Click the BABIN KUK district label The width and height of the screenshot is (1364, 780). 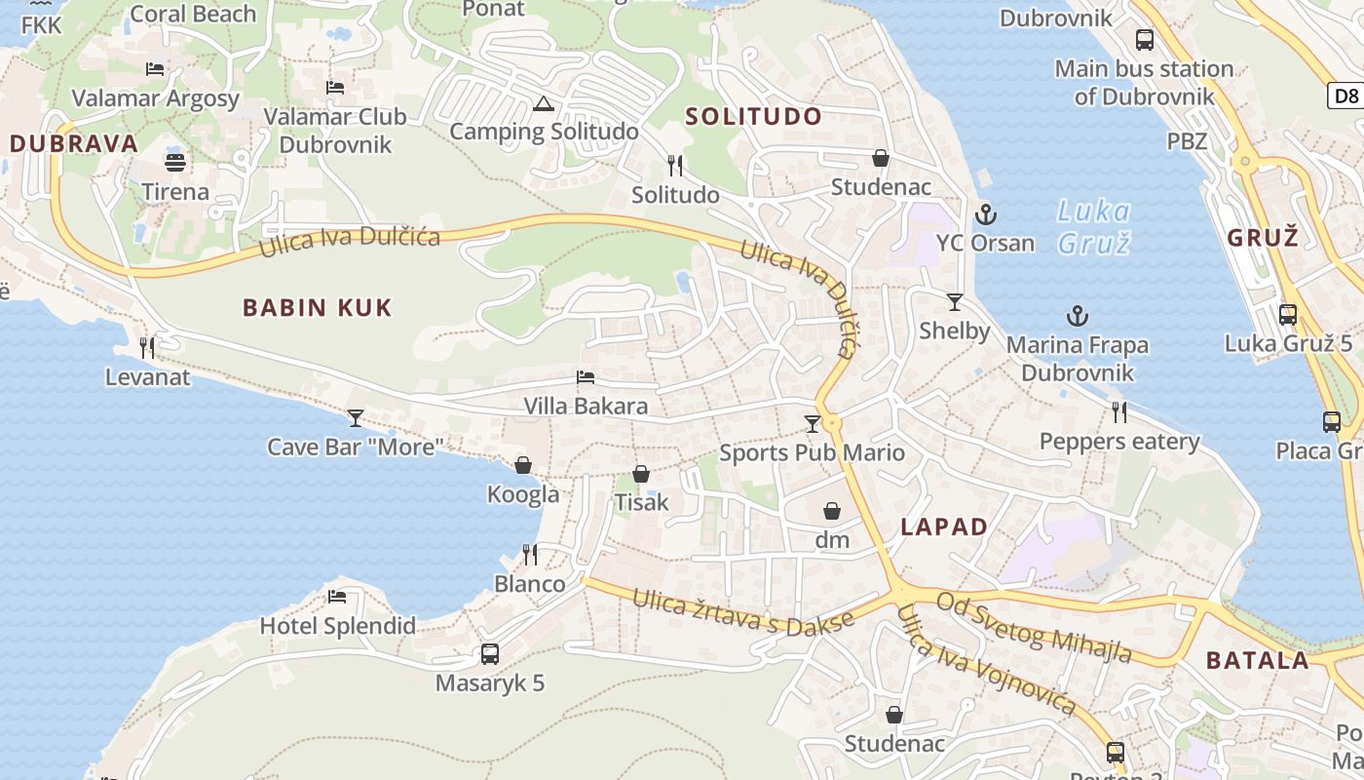coord(317,308)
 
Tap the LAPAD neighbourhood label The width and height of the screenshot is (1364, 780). coord(944,526)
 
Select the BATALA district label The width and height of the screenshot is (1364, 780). coord(1258,660)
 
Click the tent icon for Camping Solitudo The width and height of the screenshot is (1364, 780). coord(544,104)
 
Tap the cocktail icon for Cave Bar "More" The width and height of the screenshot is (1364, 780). coord(356,418)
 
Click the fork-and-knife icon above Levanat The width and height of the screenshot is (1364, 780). coord(147,347)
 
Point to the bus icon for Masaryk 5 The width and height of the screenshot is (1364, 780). coord(490,654)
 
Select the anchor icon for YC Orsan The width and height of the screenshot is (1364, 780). coord(985,214)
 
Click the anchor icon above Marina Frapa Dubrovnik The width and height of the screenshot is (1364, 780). coord(1077,316)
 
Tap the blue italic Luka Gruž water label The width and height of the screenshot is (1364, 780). coord(1093,226)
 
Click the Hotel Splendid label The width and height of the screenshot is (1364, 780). coord(338,626)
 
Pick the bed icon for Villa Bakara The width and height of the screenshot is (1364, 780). coord(586,377)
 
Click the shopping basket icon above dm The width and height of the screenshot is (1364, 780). coord(832,511)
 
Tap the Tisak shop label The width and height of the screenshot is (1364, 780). coord(641,502)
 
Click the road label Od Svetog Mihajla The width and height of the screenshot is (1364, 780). coord(1034,626)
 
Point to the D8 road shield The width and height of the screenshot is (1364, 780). coord(1345,96)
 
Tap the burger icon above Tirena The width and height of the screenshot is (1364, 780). coord(175,162)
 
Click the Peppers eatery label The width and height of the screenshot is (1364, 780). coord(1119,442)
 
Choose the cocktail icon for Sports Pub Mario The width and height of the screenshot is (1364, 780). coord(812,423)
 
